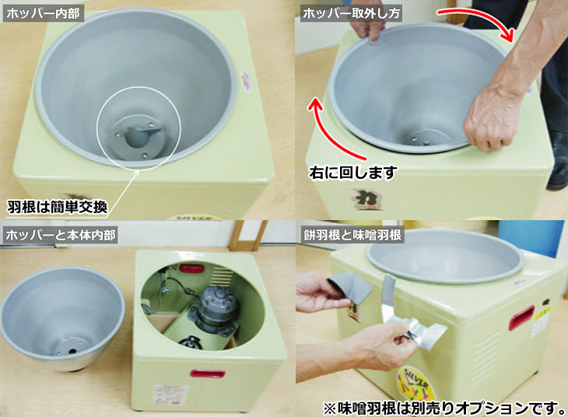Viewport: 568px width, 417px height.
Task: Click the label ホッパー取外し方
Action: coord(348,13)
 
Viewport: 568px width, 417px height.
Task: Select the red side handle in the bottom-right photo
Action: coord(521,317)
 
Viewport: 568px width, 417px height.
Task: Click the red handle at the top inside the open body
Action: coord(191,268)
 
